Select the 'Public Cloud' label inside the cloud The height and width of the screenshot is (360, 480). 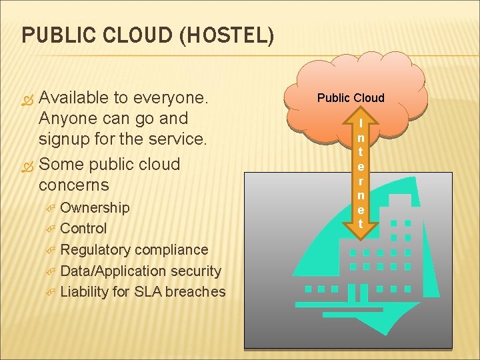tap(351, 98)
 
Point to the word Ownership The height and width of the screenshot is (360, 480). tap(95, 207)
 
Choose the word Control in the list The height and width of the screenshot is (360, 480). tap(83, 229)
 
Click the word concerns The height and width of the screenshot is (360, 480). tap(74, 184)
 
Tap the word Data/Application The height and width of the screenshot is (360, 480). tap(113, 271)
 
